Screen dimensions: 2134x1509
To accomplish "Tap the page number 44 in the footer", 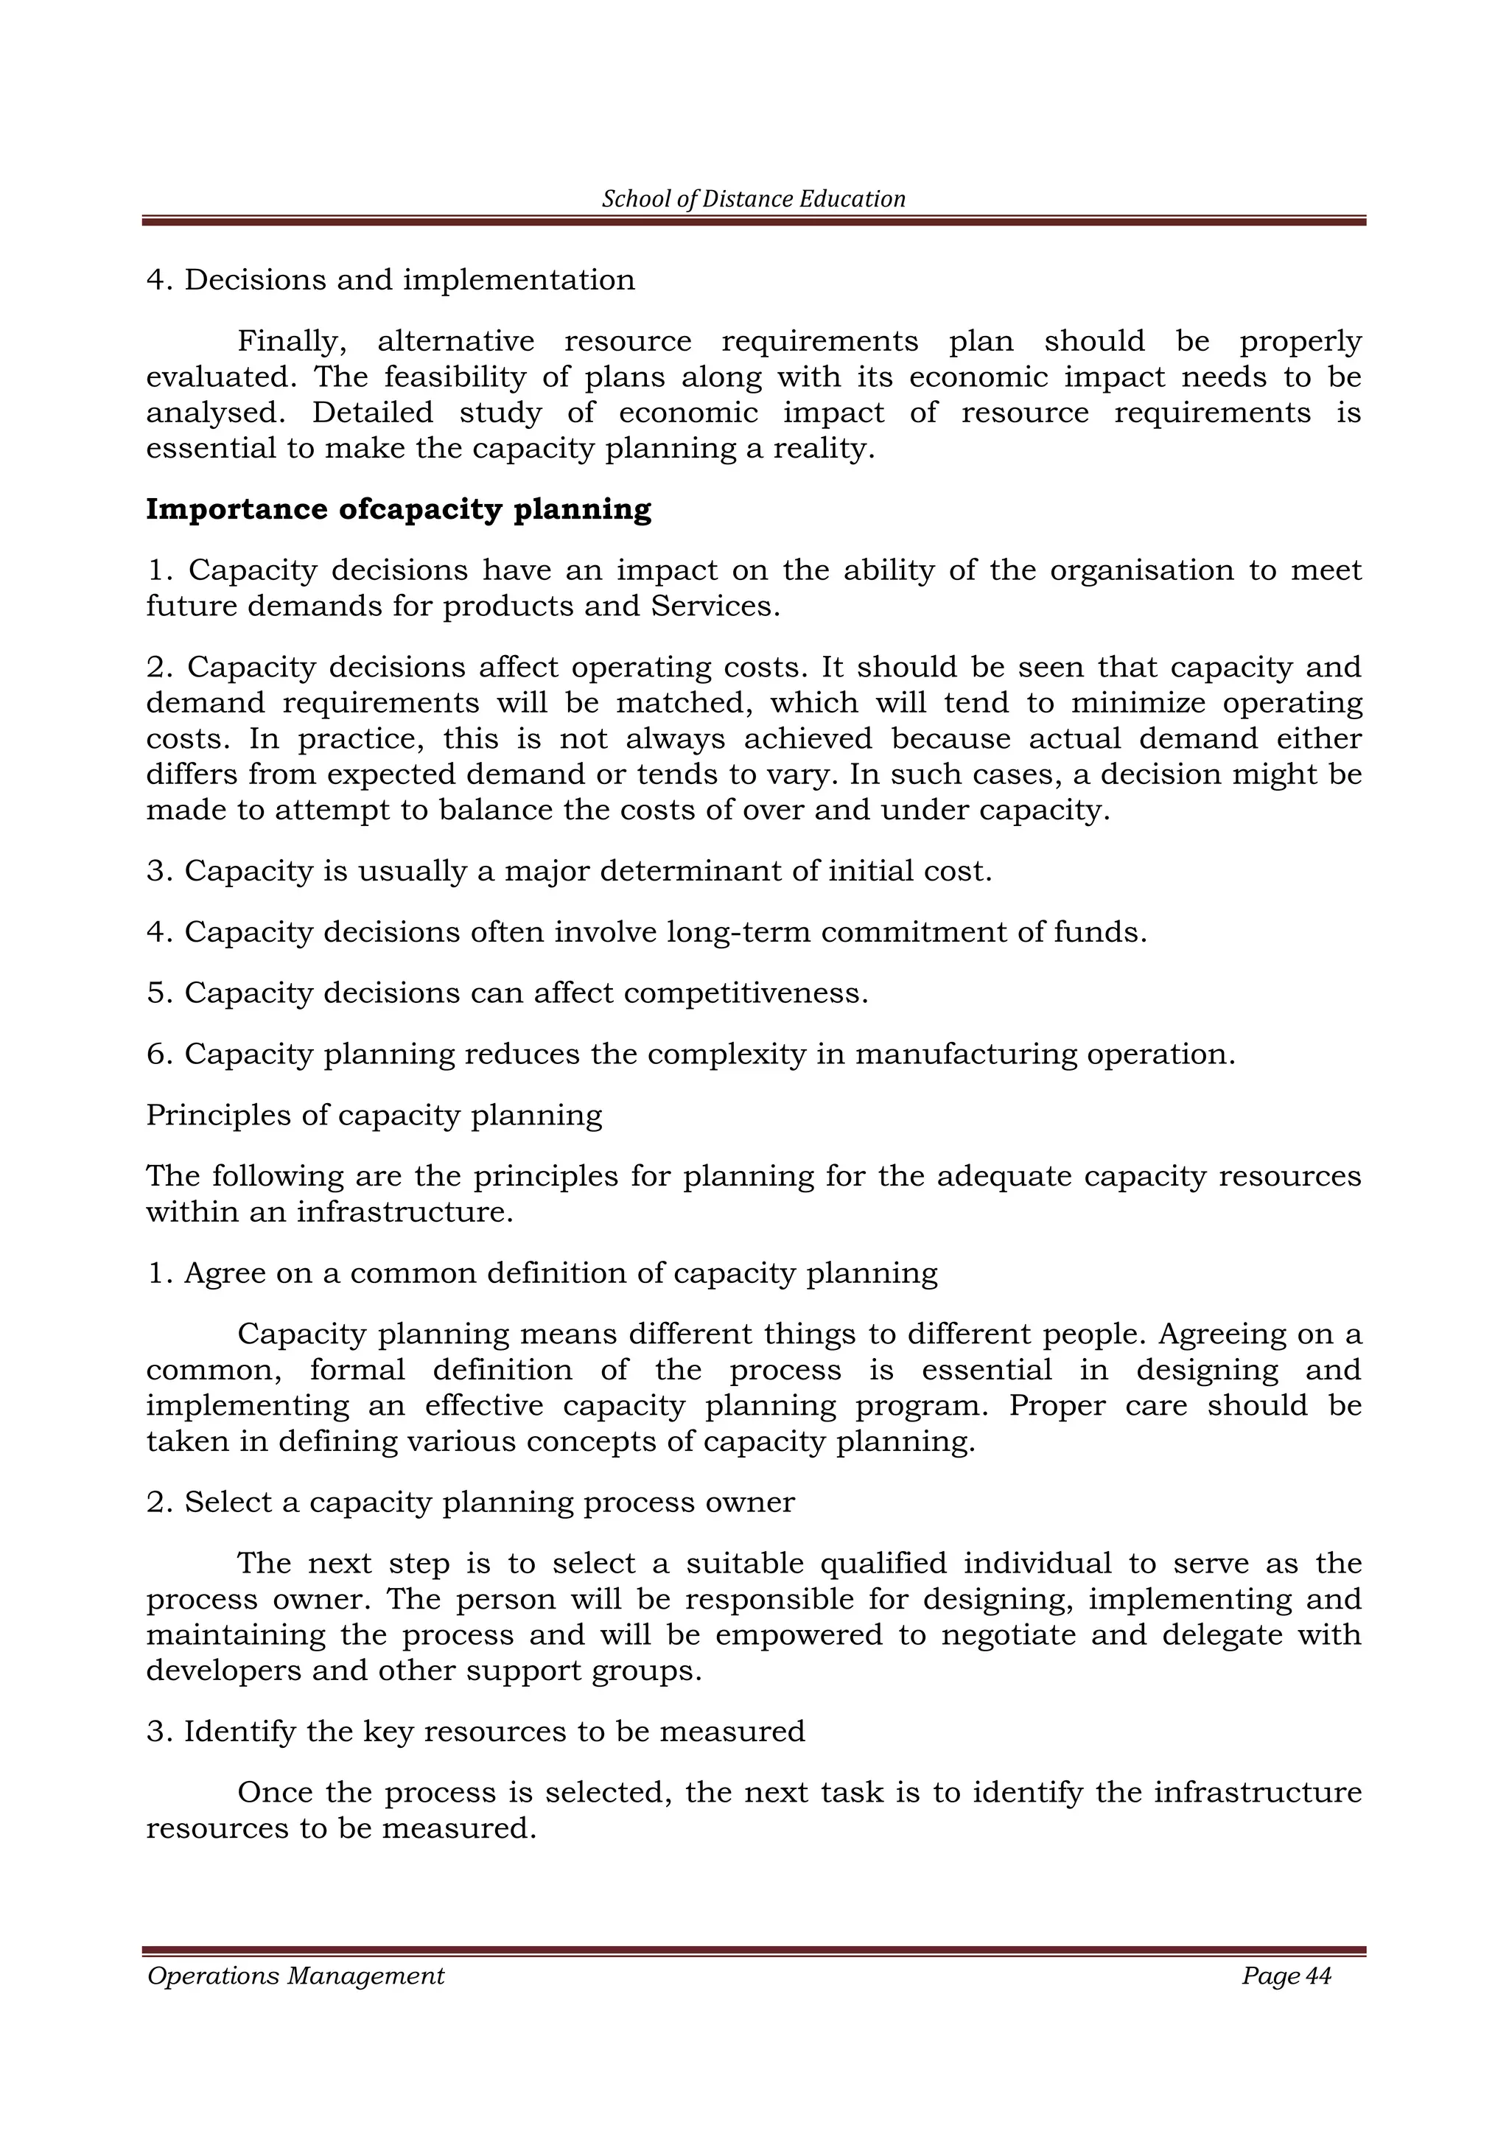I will pos(1317,1977).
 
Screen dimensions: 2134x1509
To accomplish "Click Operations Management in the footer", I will pos(295,1977).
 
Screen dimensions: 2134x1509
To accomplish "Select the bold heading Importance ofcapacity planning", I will pos(399,509).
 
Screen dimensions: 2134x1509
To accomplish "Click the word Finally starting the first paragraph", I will pos(292,341).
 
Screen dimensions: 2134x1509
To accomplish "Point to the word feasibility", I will pos(449,377).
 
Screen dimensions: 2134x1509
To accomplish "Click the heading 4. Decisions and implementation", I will pos(391,280).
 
